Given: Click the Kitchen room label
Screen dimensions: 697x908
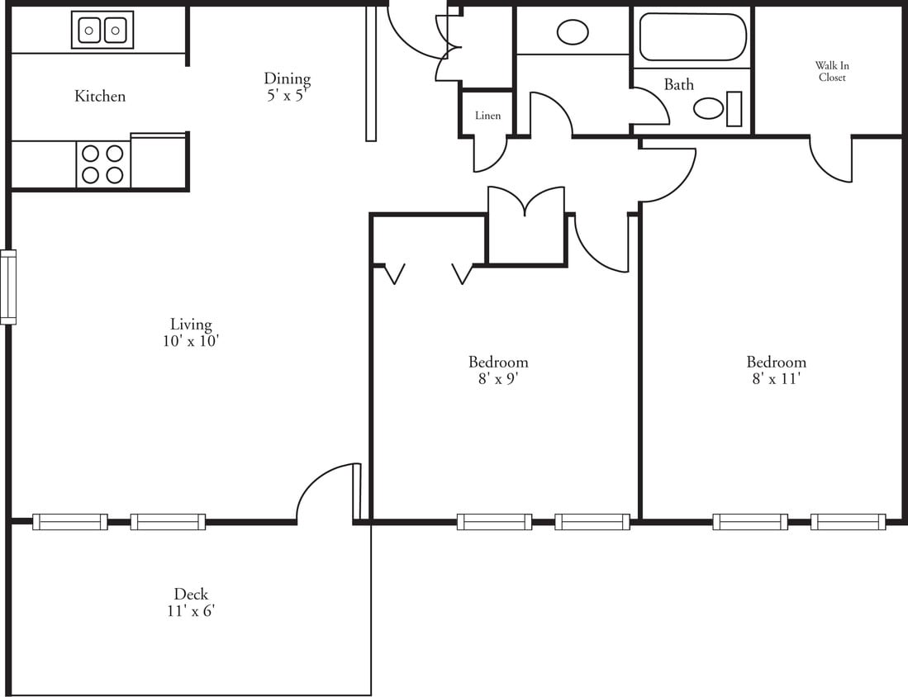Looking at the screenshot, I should coord(100,97).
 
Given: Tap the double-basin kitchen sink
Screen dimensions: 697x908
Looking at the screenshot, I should coord(102,31).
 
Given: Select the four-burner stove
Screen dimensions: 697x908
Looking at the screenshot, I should coord(103,164).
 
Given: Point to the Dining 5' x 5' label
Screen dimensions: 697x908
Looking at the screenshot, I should coord(288,86).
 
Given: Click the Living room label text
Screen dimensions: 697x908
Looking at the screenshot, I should coord(191,325).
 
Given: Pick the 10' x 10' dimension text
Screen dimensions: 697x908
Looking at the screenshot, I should coord(191,341).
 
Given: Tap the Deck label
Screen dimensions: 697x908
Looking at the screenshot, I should coord(191,594).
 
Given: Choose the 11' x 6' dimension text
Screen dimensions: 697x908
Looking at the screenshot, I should coord(191,611).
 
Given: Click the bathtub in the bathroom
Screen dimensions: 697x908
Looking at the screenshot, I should coord(692,37).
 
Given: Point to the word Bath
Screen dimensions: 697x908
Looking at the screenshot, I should coord(679,84).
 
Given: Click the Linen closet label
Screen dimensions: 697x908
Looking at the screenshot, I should coord(487,116).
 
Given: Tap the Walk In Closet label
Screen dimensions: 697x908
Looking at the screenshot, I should coord(832,72).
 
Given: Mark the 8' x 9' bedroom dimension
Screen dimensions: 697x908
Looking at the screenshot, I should coord(498,379).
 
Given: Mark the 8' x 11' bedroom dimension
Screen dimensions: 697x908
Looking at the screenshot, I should coord(777,379).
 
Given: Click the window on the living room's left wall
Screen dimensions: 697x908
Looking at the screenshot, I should coord(8,287).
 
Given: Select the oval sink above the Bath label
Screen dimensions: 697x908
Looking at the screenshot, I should coord(573,32).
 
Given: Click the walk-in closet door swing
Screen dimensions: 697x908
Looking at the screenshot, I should coord(830,161).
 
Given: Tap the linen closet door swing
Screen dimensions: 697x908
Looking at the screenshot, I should coord(490,154).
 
